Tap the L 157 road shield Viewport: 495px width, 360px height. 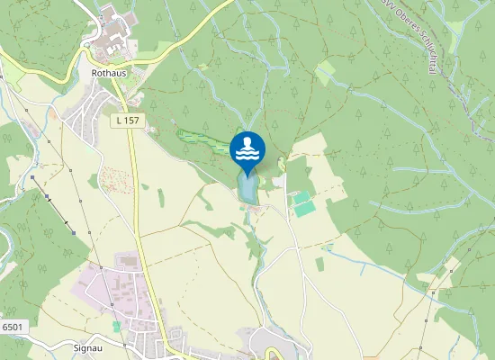pos(126,120)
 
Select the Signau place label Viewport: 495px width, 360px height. pos(91,346)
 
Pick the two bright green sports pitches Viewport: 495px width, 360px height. pos(304,202)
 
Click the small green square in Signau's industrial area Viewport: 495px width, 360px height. pos(116,326)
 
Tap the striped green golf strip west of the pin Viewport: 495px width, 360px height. pos(203,141)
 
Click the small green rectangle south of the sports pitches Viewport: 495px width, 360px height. pos(319,264)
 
